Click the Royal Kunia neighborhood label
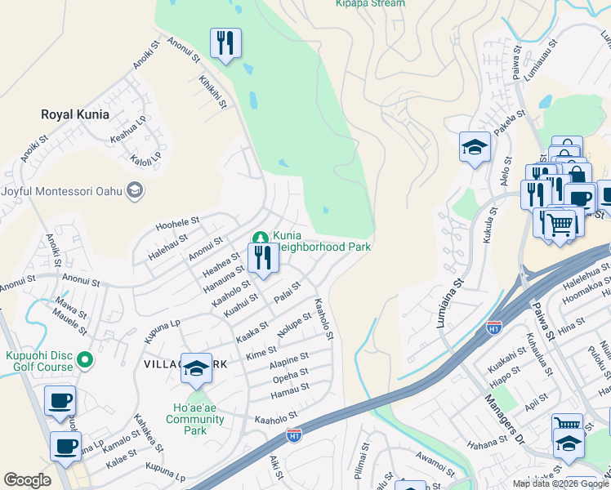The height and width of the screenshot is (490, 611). (x=74, y=114)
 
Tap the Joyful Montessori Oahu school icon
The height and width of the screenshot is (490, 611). (x=135, y=191)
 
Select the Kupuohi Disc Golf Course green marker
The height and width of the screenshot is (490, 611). (x=84, y=359)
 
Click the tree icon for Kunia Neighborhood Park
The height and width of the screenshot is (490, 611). (x=261, y=238)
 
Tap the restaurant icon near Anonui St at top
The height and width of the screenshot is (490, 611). (x=225, y=43)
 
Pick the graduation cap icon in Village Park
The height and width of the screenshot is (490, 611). (x=196, y=368)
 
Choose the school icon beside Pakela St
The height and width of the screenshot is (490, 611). (x=475, y=148)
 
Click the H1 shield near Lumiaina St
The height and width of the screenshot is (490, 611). (x=493, y=327)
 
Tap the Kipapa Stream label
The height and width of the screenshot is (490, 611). (x=369, y=3)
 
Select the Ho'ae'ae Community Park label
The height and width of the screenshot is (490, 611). (x=194, y=419)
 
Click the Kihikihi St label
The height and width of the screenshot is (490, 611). (x=212, y=92)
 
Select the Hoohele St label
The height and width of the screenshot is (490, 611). (x=178, y=222)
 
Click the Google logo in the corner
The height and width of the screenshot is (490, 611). (x=27, y=480)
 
